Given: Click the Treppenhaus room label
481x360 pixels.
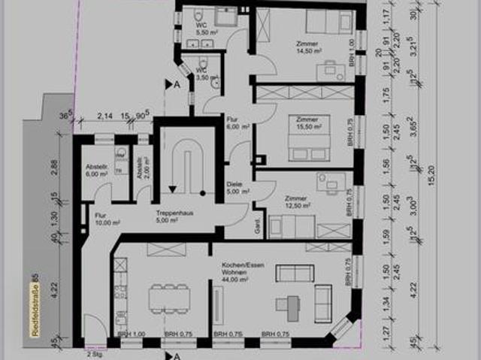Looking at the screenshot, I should click(171, 216).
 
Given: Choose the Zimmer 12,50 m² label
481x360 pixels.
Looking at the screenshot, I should click(297, 203).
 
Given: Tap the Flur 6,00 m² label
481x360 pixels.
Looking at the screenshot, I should click(237, 123).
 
